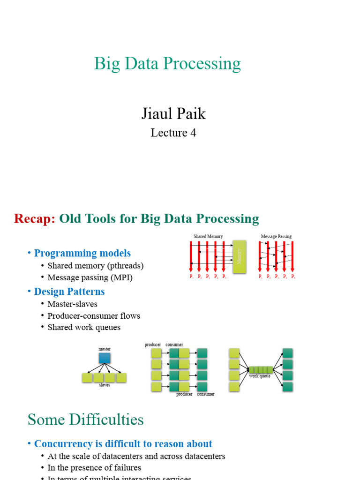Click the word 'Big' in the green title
(x=105, y=64)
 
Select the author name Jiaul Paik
(x=173, y=113)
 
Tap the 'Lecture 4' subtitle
(x=173, y=133)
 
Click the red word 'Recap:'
(x=35, y=219)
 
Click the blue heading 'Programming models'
(x=82, y=253)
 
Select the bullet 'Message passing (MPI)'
(x=90, y=277)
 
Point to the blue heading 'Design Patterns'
(x=69, y=292)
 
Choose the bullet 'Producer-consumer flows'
(x=94, y=316)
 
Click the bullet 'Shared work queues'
(x=84, y=328)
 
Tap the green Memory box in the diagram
(x=239, y=256)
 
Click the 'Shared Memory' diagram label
(x=208, y=237)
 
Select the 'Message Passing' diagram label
(x=276, y=237)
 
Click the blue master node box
(x=105, y=359)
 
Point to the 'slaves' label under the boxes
(x=105, y=385)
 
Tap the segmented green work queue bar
(x=261, y=370)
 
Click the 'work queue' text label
(x=260, y=376)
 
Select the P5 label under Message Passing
(x=293, y=277)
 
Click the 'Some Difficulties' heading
(x=85, y=420)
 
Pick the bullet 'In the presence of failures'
(x=94, y=468)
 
